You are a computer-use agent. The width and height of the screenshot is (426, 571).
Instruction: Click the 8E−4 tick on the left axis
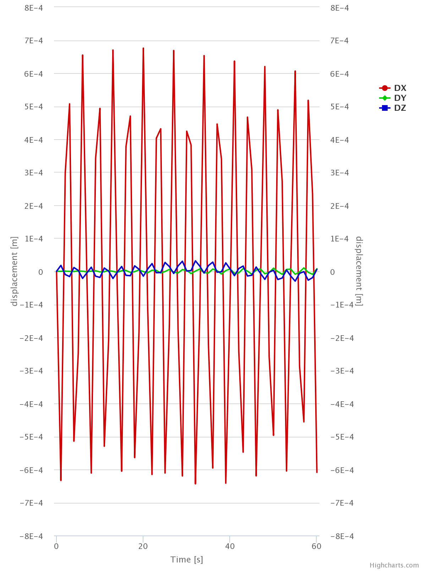point(33,8)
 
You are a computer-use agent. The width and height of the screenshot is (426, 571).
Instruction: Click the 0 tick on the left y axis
point(40,272)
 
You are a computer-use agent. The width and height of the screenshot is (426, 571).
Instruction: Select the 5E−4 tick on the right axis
point(339,107)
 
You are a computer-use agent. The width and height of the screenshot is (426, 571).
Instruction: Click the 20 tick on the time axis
point(143,546)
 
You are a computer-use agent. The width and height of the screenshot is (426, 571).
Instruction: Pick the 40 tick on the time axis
point(230,546)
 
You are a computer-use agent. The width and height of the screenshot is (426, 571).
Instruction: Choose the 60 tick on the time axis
point(316,546)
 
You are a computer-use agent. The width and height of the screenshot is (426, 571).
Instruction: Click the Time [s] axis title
point(187,560)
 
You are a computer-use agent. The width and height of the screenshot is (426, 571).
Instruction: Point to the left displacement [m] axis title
point(14,271)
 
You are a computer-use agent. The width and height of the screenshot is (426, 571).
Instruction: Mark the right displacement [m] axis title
point(359,271)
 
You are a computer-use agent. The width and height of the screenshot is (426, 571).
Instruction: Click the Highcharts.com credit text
point(394,565)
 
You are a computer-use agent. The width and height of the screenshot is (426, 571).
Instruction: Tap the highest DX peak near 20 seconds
point(143,48)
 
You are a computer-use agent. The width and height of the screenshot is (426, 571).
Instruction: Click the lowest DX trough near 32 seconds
point(195,483)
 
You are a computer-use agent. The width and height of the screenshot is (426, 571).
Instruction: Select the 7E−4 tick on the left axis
point(33,41)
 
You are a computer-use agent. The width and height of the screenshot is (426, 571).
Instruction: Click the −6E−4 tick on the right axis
point(342,470)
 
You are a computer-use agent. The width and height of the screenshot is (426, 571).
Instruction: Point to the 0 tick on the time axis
point(56,546)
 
